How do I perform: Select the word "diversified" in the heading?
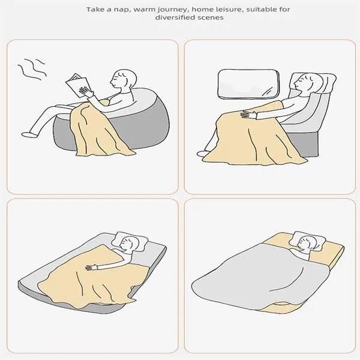tap(174, 17)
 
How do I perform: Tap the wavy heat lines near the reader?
tap(32, 68)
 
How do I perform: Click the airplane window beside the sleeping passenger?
tap(248, 85)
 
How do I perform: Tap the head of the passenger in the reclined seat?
tap(307, 83)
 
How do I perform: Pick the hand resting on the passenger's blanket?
tap(248, 114)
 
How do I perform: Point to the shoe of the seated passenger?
tap(203, 154)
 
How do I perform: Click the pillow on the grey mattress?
tap(130, 242)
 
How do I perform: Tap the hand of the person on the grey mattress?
tap(91, 267)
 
